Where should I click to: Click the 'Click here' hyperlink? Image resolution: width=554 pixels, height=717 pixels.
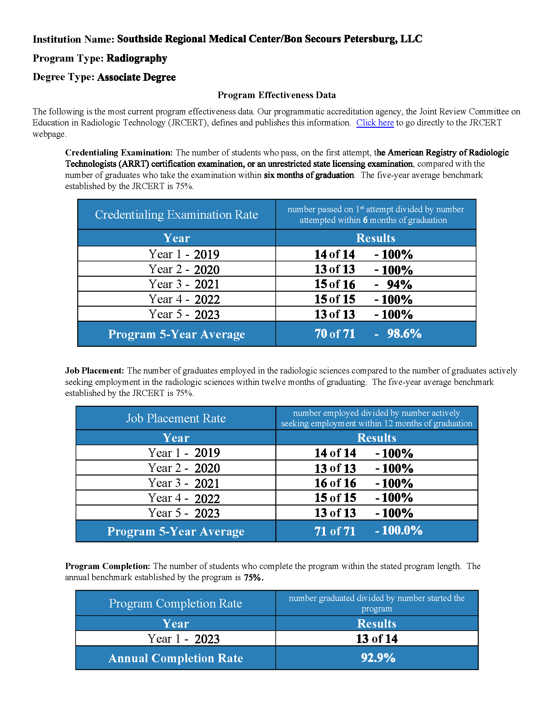(x=375, y=123)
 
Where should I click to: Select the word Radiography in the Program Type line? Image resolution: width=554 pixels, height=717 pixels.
(x=137, y=58)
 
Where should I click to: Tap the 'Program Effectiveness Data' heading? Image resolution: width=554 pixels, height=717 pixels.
(x=276, y=95)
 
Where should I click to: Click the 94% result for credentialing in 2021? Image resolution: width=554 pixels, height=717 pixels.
(x=399, y=285)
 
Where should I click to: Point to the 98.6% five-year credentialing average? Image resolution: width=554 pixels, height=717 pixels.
(x=404, y=334)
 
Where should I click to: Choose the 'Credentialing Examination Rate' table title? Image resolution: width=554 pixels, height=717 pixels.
(x=176, y=215)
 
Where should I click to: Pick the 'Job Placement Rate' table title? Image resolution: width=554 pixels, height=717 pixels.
(x=176, y=418)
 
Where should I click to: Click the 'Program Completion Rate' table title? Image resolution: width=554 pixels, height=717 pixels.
(x=175, y=603)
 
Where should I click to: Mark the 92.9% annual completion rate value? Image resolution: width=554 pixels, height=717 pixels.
(x=378, y=658)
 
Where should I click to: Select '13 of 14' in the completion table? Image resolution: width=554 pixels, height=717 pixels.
(x=376, y=639)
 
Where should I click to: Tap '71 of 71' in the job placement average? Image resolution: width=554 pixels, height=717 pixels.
(x=335, y=531)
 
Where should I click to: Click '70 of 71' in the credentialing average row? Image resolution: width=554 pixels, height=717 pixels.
(x=335, y=334)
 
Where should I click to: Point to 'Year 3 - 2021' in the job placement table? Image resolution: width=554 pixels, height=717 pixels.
(x=183, y=483)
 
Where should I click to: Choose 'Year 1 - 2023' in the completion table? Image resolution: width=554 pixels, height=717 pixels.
(x=183, y=639)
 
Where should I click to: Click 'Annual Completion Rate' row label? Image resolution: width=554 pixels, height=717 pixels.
(x=176, y=658)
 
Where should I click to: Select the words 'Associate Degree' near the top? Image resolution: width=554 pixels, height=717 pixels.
(x=136, y=77)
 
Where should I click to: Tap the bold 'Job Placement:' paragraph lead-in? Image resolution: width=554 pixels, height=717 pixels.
(x=95, y=371)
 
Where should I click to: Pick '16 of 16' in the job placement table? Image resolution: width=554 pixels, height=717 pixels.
(x=335, y=483)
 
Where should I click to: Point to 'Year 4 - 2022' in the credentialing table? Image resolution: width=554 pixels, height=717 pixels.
(x=184, y=300)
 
